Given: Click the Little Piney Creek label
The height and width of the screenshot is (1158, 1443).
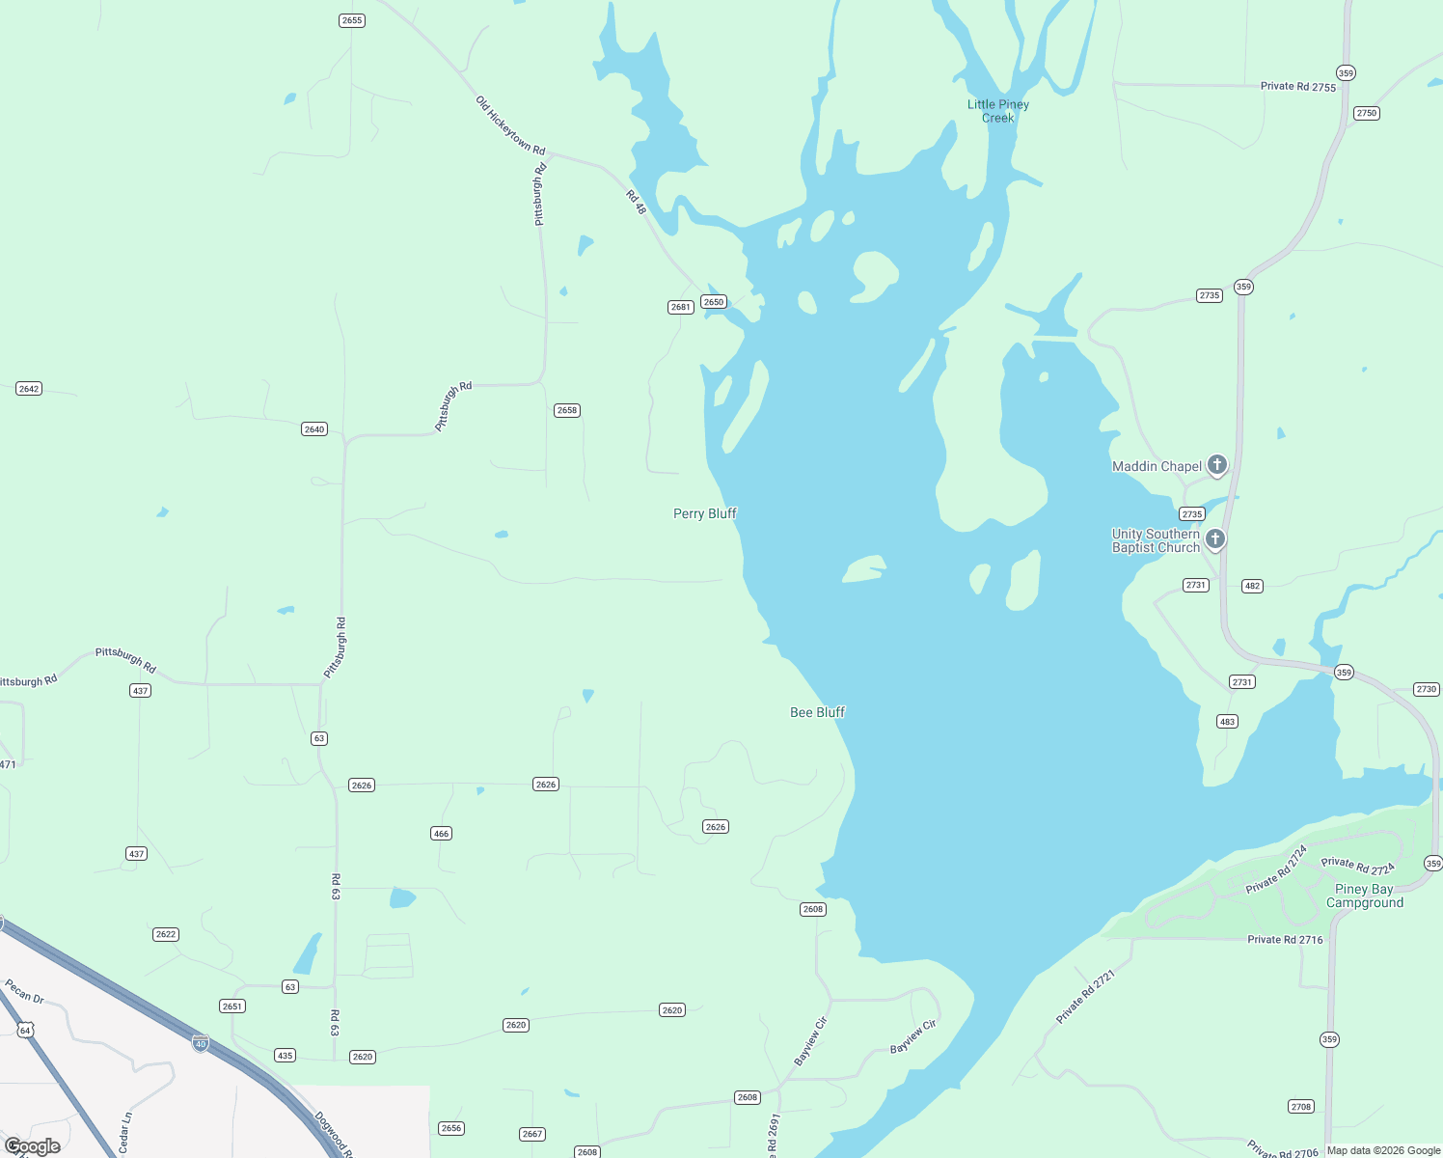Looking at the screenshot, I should click(x=998, y=111).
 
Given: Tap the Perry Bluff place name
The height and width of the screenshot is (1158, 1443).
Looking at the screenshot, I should click(x=704, y=513).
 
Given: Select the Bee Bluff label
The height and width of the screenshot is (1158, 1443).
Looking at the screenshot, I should click(x=817, y=712).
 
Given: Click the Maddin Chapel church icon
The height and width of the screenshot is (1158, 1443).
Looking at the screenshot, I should click(x=1217, y=465).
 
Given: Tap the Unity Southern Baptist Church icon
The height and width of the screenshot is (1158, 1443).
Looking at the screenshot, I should click(x=1215, y=538).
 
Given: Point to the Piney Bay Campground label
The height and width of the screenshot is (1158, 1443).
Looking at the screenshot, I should click(x=1364, y=896).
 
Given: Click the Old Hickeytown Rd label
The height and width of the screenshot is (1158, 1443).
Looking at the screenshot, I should click(x=510, y=125).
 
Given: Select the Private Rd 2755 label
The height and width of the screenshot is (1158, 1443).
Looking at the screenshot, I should click(x=1298, y=87).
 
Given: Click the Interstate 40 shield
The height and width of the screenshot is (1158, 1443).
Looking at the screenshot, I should click(x=200, y=1043).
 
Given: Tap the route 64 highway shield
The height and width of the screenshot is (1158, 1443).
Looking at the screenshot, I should click(x=25, y=1031).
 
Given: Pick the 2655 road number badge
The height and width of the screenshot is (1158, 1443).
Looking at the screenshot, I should click(x=352, y=20).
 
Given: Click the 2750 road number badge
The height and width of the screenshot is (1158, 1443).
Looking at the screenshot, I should click(x=1367, y=113).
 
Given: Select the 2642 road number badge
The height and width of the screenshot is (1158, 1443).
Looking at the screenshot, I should click(x=29, y=389).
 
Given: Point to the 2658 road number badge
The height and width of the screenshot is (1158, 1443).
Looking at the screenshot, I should click(x=567, y=410).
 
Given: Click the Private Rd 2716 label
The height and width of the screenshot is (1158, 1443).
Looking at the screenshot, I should click(x=1285, y=939).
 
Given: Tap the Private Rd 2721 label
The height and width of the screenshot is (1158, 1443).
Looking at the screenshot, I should click(x=1085, y=997).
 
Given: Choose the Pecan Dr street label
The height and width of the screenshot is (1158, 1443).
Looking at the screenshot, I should click(x=25, y=991).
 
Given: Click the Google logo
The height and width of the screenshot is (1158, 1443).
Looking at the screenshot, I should click(x=33, y=1146).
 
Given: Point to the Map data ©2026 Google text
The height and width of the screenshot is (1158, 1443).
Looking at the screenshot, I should click(x=1383, y=1150).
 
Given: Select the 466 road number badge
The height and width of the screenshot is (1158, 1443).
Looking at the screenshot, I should click(x=441, y=834).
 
